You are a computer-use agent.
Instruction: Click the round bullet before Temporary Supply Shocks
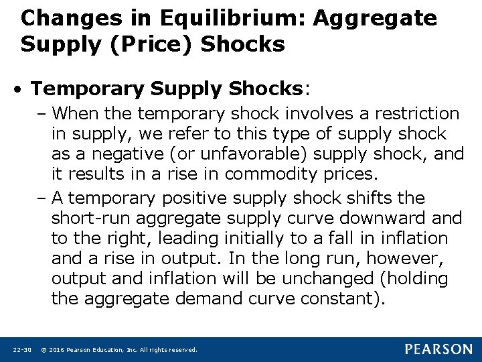(x=21, y=90)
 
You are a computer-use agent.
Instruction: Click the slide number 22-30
(x=22, y=350)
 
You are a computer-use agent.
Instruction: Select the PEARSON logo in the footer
(x=438, y=349)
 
